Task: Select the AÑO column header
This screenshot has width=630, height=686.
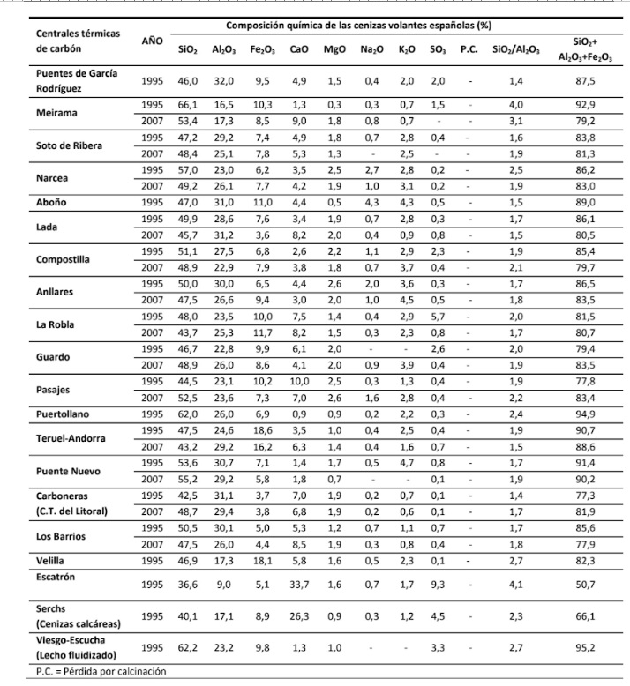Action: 152,41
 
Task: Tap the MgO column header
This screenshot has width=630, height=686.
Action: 334,49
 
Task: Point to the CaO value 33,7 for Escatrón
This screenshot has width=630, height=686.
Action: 299,583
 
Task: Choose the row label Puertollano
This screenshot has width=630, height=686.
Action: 64,413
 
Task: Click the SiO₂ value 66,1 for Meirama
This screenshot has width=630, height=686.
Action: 187,104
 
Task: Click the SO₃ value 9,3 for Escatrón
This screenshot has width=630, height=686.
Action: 437,583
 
